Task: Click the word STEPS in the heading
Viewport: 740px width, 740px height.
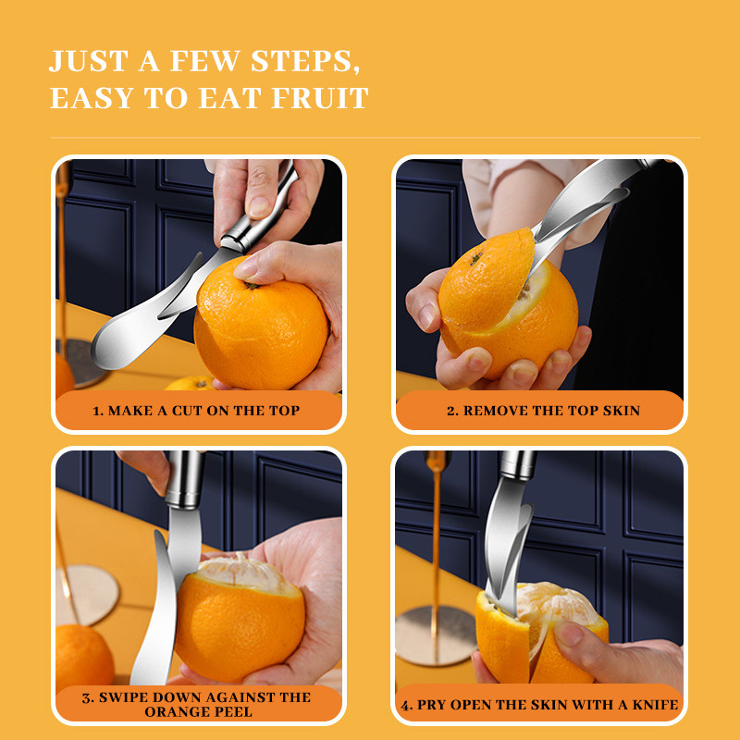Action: pos(302,61)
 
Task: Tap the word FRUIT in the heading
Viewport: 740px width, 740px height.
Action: pos(320,98)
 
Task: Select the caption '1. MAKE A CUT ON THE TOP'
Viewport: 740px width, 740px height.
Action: pos(196,411)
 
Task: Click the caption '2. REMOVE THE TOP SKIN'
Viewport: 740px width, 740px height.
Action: pos(543,411)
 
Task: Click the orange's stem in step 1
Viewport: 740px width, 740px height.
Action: pos(251,286)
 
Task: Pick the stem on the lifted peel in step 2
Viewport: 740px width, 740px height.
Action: pos(475,258)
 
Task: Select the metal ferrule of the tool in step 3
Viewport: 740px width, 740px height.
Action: pos(185,479)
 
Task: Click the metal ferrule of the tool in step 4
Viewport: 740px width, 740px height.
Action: pos(518,465)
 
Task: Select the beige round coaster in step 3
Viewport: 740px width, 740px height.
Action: pos(88,595)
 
